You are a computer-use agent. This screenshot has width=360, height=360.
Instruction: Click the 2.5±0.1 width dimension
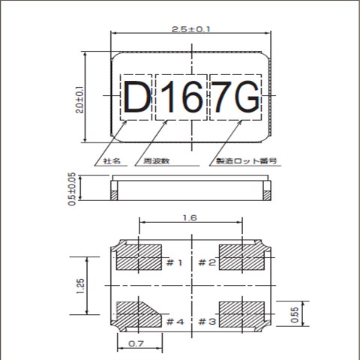pos(192,29)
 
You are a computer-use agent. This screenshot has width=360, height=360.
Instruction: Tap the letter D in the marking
pos(136,97)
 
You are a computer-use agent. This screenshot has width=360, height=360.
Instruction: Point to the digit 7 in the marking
pos(222,97)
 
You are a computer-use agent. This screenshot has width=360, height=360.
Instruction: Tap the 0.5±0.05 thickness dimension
pos(73,188)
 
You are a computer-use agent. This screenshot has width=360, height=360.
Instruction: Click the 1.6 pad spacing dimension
pos(190,218)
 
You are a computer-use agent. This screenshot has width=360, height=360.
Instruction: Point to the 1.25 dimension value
pos(80,285)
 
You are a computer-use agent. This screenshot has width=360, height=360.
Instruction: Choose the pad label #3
pos(207,322)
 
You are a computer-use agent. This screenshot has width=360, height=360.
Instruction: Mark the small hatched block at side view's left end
pos(114,195)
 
